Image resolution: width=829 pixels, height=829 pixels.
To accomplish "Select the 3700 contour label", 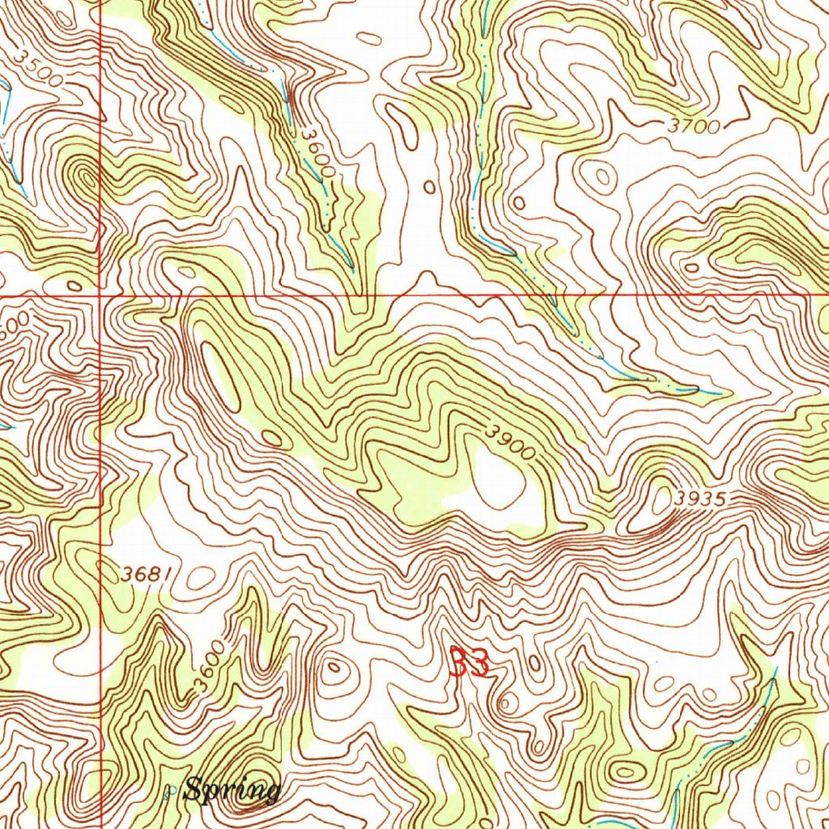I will (x=694, y=126).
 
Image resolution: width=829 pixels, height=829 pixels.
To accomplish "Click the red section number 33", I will (x=469, y=664).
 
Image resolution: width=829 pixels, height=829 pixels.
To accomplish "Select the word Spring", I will (x=232, y=789).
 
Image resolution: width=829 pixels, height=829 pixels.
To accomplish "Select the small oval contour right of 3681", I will (x=200, y=577).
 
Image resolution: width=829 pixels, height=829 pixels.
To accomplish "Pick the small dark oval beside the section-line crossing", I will (x=74, y=285).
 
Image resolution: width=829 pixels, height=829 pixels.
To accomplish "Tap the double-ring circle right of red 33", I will (x=508, y=702).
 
